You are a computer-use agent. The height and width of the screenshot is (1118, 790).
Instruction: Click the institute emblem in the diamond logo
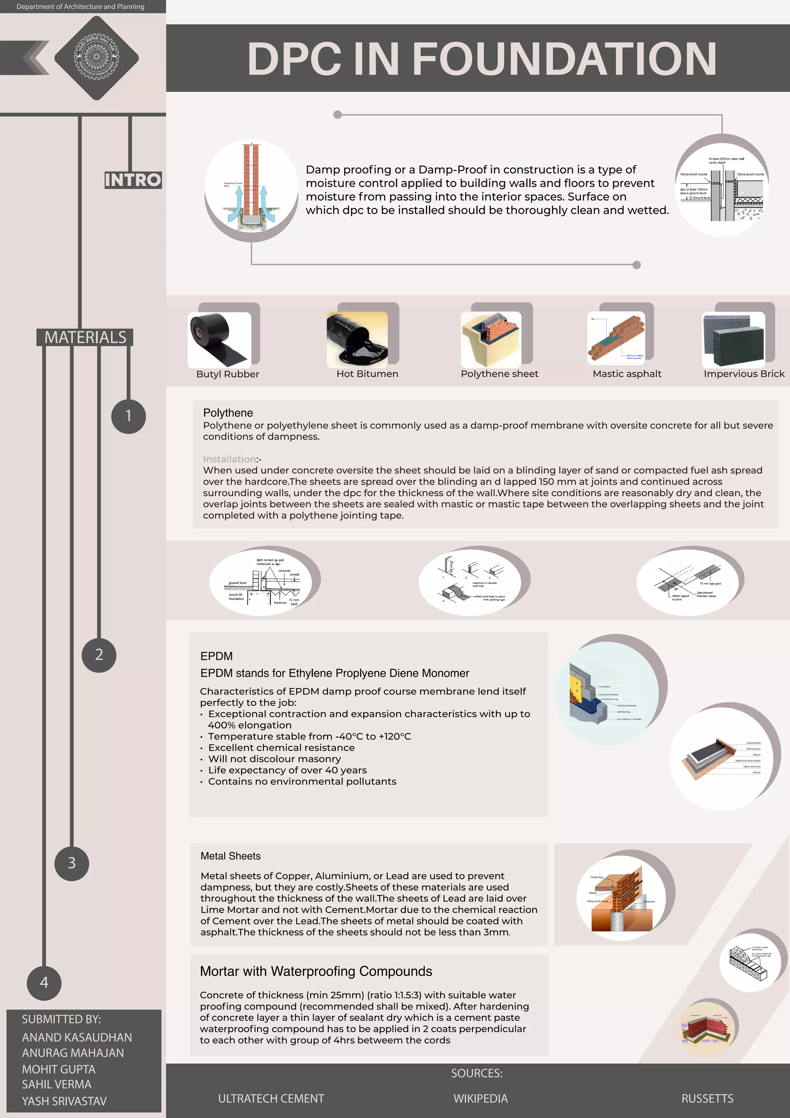click(x=96, y=57)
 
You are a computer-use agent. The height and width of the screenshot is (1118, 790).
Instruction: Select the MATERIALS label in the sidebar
click(x=85, y=337)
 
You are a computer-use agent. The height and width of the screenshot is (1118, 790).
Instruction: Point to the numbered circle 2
click(x=99, y=654)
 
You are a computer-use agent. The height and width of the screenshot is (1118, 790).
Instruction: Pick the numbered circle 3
click(x=72, y=863)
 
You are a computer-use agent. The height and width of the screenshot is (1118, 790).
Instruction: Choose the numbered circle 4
click(x=44, y=982)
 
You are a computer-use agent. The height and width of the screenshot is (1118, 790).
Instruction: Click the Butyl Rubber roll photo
click(x=219, y=340)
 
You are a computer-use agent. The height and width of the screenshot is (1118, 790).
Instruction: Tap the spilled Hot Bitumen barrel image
click(x=357, y=339)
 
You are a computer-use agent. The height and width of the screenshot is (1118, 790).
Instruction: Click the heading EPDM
click(x=216, y=656)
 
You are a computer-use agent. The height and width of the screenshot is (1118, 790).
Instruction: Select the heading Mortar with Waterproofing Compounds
click(x=316, y=971)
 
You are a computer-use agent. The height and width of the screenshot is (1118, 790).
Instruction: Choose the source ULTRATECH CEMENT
click(x=271, y=1098)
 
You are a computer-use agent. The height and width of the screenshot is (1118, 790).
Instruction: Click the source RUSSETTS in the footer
click(x=707, y=1098)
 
